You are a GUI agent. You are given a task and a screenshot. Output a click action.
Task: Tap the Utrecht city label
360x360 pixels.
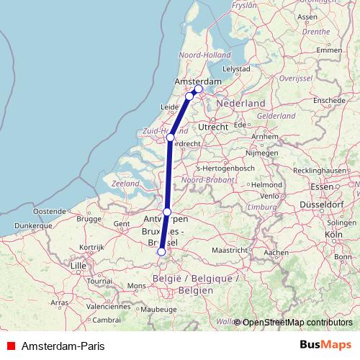click(x=213, y=127)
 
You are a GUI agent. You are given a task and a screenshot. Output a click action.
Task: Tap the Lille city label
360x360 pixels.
click(x=78, y=266)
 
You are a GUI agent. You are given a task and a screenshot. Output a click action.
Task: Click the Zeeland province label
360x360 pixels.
click(x=125, y=184)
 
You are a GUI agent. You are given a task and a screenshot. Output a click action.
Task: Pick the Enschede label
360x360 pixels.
click(x=330, y=100)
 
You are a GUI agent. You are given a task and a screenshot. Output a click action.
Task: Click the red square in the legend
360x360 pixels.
click(x=9, y=346)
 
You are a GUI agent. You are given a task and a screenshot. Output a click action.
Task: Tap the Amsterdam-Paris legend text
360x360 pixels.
click(x=63, y=346)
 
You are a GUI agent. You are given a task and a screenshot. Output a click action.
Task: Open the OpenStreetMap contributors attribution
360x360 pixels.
click(x=297, y=322)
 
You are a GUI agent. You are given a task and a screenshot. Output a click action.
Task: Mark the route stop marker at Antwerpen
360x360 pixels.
click(x=167, y=212)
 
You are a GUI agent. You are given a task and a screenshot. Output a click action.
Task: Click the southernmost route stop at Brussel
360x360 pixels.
click(x=161, y=252)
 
